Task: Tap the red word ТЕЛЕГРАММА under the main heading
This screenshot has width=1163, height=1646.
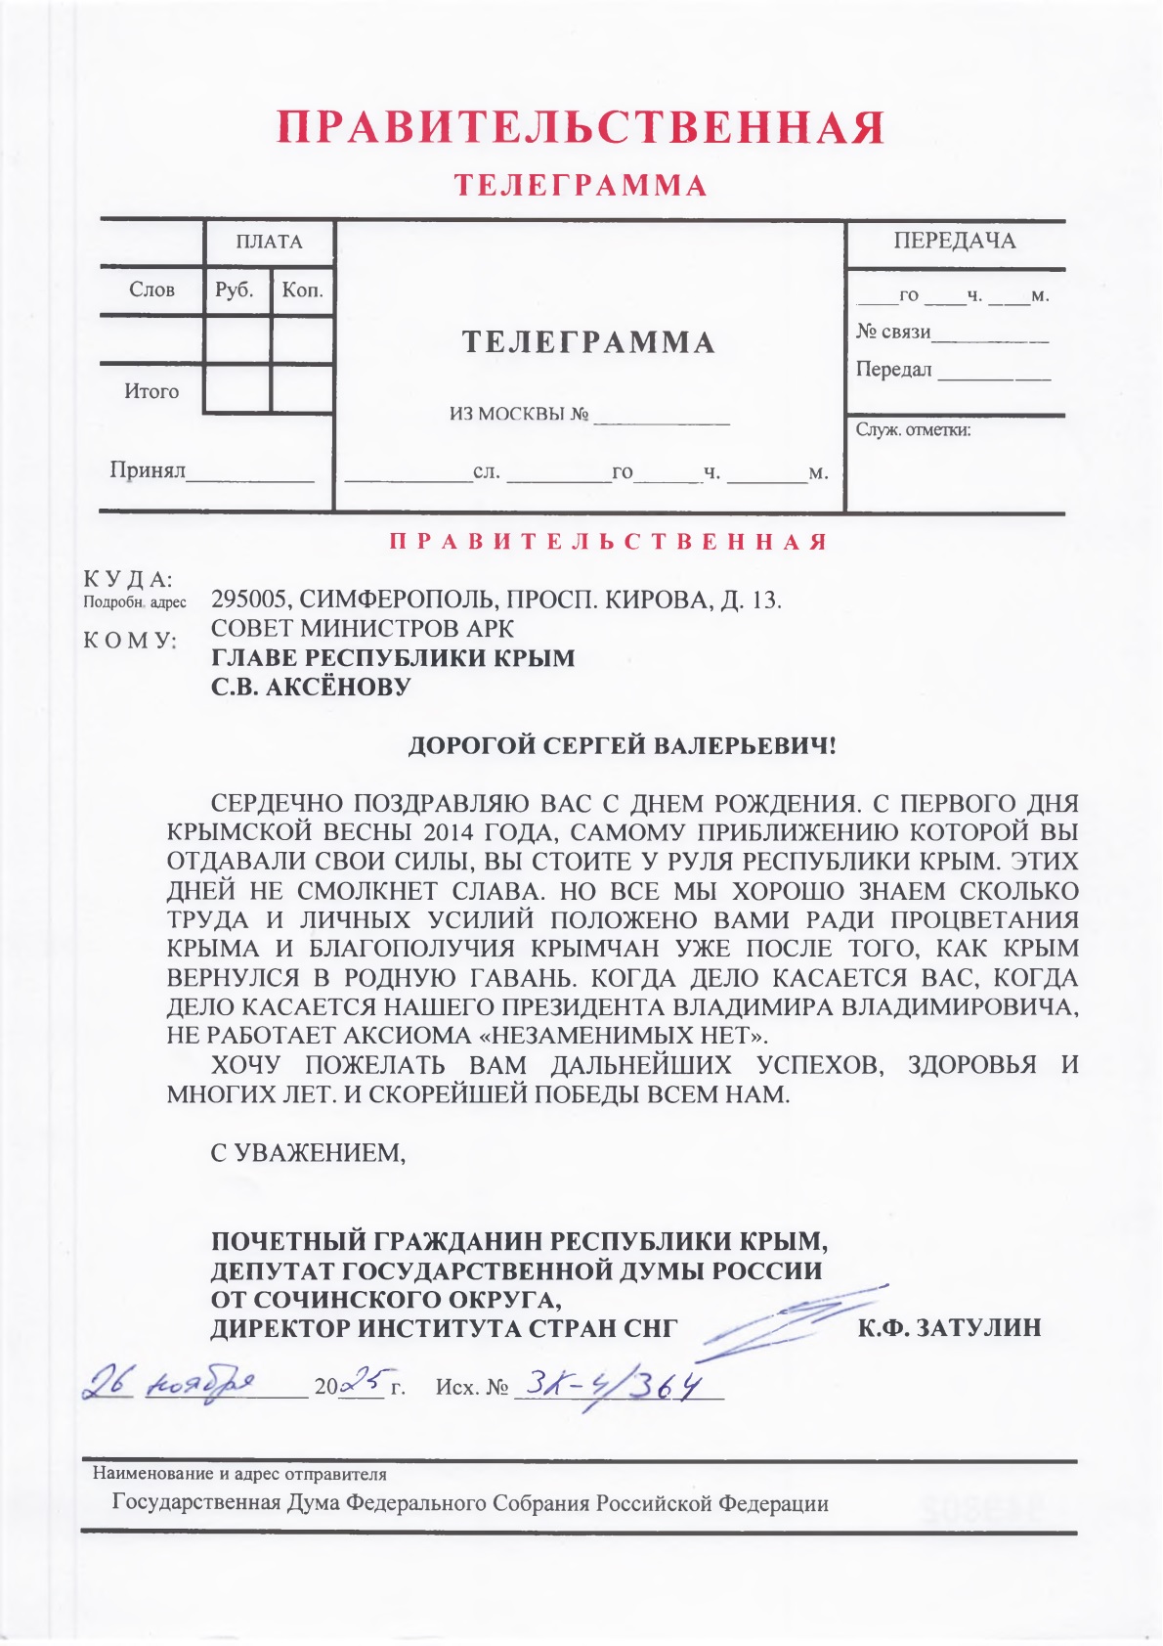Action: pyautogui.click(x=581, y=186)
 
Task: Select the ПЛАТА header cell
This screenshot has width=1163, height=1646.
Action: pyautogui.click(x=269, y=242)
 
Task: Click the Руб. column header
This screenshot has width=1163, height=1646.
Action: pyautogui.click(x=235, y=289)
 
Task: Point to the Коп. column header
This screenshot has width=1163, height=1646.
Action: pyautogui.click(x=302, y=289)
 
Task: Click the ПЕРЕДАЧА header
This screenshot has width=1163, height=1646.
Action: pyautogui.click(x=954, y=242)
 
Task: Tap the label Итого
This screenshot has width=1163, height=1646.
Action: pyautogui.click(x=151, y=391)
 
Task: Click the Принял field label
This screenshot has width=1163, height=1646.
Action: pyautogui.click(x=148, y=470)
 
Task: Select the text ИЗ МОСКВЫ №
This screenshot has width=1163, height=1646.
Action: pyautogui.click(x=519, y=414)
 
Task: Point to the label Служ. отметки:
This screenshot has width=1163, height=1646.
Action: pyautogui.click(x=913, y=429)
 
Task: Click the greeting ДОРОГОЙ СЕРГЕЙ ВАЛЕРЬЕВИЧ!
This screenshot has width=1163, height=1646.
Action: pyautogui.click(x=623, y=746)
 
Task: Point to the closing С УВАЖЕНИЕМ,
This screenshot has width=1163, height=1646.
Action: pyautogui.click(x=308, y=1152)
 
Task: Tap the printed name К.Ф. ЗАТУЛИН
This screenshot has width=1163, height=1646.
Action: pyautogui.click(x=949, y=1328)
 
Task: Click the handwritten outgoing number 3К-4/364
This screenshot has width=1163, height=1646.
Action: pyautogui.click(x=616, y=1385)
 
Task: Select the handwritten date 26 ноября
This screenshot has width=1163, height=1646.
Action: pyautogui.click(x=170, y=1383)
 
